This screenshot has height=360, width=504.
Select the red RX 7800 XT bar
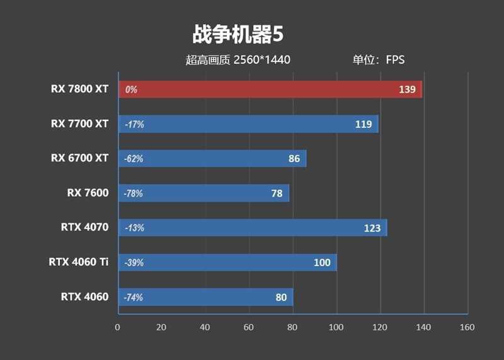[270, 90]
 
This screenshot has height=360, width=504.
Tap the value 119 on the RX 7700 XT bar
[364, 124]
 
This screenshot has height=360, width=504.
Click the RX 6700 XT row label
[79, 158]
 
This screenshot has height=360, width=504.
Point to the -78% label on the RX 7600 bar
[134, 194]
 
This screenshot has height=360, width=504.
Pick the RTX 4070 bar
[252, 228]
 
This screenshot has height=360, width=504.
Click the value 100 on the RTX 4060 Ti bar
[322, 262]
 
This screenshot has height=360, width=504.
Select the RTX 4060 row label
[84, 296]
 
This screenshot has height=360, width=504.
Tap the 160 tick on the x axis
[467, 327]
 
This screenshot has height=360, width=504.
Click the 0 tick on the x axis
[117, 327]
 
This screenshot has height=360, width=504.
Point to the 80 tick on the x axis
[292, 327]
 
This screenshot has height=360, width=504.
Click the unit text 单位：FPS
[378, 61]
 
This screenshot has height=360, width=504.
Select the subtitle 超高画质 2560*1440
[238, 61]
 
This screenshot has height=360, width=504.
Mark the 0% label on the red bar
[131, 90]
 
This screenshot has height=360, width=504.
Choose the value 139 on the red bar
[407, 90]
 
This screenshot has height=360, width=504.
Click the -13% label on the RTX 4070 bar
[134, 228]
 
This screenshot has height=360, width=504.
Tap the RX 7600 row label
[88, 193]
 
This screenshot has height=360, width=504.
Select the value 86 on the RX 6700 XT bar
[294, 159]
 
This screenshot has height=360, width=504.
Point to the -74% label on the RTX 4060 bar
[134, 298]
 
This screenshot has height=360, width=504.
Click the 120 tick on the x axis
[379, 327]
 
